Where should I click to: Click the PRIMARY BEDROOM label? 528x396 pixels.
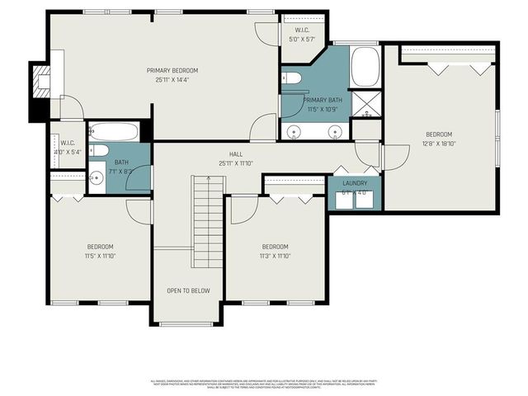pos(172,70)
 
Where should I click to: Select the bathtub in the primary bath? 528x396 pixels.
pos(365,67)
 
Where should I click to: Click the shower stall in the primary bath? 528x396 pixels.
pos(366,105)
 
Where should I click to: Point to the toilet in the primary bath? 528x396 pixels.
pos(291,79)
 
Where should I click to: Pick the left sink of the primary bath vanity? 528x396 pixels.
pos(294,130)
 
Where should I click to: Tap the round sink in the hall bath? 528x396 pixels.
pos(96,177)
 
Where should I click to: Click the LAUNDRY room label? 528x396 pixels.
pos(355,183)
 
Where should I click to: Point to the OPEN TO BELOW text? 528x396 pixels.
pos(188,290)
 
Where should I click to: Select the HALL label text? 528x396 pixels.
pos(235,153)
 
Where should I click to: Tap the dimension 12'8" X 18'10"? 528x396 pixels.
pos(439,144)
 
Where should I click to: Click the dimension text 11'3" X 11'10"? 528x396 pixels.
pos(275,256)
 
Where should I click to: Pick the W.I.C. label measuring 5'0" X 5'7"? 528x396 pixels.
pos(297,38)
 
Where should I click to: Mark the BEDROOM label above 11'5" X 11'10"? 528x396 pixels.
pos(101,247)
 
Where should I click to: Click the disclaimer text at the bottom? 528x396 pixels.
pos(263,384)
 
